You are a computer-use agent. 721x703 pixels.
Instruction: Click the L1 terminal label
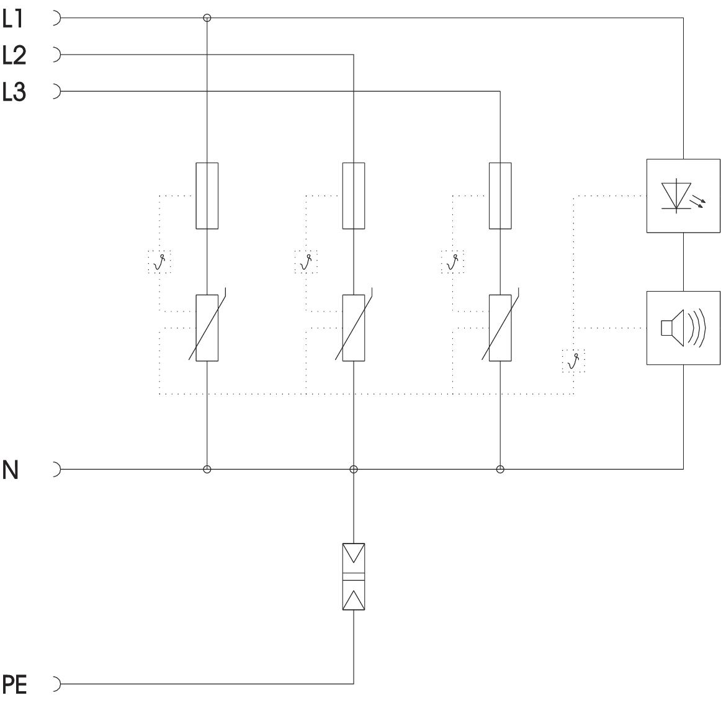13,19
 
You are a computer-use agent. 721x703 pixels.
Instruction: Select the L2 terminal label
14,56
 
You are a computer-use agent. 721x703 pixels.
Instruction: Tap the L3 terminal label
14,92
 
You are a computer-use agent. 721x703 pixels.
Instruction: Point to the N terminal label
11,470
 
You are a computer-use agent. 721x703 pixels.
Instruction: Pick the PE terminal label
16,684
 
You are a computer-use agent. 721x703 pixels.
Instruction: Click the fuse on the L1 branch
207,195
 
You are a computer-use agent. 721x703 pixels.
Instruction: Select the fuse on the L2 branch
354,195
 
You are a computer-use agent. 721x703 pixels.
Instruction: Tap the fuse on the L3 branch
500,195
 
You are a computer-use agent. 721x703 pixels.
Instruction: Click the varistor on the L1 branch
207,328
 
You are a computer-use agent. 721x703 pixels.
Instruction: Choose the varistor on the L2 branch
354,328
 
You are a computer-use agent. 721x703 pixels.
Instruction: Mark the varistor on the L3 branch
500,328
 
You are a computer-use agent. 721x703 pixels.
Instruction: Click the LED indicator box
683,196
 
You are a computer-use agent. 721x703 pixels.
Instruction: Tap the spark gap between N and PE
354,576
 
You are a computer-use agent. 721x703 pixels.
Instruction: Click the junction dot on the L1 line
207,19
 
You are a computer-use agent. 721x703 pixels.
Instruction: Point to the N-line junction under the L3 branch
500,469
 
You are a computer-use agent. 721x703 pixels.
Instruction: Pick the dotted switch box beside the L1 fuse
159,262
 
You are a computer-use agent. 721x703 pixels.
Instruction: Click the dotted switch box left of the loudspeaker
573,360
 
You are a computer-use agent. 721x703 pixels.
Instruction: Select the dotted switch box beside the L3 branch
452,262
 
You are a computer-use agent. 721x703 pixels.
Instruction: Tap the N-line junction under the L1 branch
207,469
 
